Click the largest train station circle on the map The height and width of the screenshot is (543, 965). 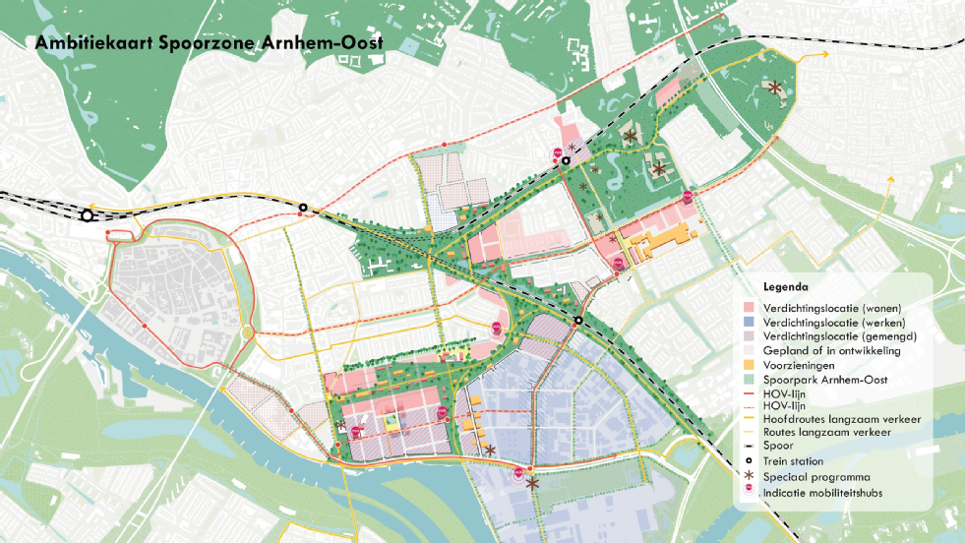click(x=88, y=215)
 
